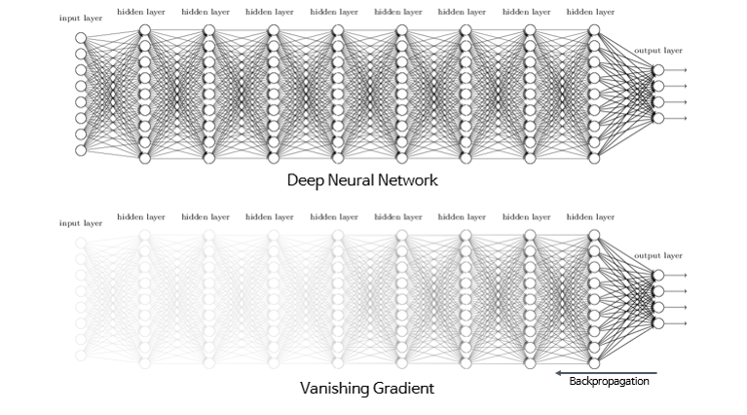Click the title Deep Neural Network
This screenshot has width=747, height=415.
361,181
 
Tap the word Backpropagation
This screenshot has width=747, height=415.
610,381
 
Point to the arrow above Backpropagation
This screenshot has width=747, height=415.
605,371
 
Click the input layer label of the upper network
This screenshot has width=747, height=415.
81,19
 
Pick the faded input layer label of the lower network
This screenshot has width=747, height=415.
81,223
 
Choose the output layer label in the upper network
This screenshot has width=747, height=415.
658,50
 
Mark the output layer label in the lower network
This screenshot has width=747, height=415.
658,256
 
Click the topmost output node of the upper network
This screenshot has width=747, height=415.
658,70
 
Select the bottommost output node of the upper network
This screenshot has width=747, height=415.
658,118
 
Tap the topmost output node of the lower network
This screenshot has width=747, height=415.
658,276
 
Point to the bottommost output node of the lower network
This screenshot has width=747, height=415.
658,322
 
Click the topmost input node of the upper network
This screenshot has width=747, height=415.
81,38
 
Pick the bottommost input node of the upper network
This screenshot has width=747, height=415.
81,150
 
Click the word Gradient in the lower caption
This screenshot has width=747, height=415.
400,388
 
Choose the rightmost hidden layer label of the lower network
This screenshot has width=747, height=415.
590,217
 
